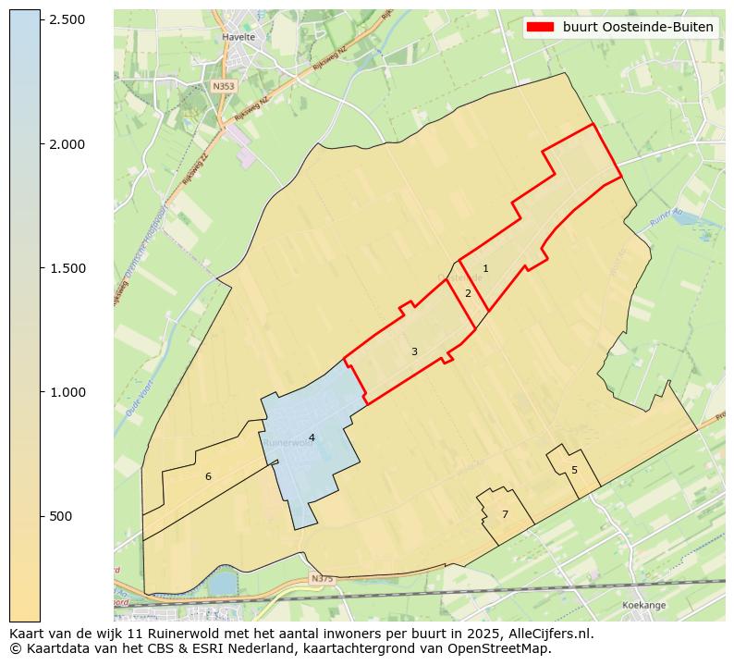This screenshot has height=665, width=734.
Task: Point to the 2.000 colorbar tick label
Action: click(x=67, y=144)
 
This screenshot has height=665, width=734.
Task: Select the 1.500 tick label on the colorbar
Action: click(x=67, y=268)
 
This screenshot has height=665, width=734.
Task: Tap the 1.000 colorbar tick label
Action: click(x=67, y=392)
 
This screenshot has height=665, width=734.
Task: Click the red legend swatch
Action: click(x=540, y=27)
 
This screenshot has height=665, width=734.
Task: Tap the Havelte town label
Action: click(x=239, y=38)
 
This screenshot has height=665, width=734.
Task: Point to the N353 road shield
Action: click(x=223, y=86)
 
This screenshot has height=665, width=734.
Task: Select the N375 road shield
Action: click(x=321, y=579)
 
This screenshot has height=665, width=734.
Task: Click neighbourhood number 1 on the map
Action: click(x=485, y=269)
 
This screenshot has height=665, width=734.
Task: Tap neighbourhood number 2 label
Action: click(x=468, y=293)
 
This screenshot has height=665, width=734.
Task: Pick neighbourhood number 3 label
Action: click(x=414, y=351)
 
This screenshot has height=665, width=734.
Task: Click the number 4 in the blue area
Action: click(x=312, y=437)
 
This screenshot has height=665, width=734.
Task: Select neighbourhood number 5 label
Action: click(x=574, y=470)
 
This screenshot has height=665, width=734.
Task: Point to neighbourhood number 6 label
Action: click(x=208, y=476)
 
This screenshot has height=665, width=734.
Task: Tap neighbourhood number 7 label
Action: click(x=505, y=514)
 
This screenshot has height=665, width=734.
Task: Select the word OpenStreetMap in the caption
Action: click(x=503, y=648)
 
